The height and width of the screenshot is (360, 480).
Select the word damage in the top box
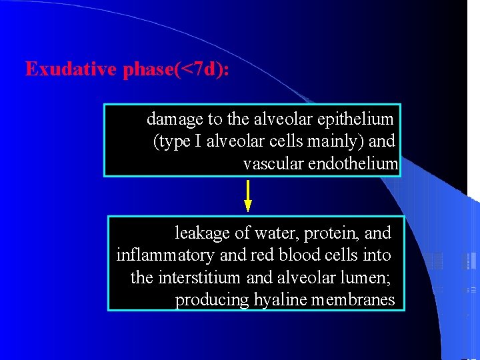click(175, 119)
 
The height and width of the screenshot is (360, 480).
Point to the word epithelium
click(357, 119)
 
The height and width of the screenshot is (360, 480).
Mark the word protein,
click(331, 233)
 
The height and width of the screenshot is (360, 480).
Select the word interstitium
click(200, 277)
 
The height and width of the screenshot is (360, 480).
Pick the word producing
click(211, 300)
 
